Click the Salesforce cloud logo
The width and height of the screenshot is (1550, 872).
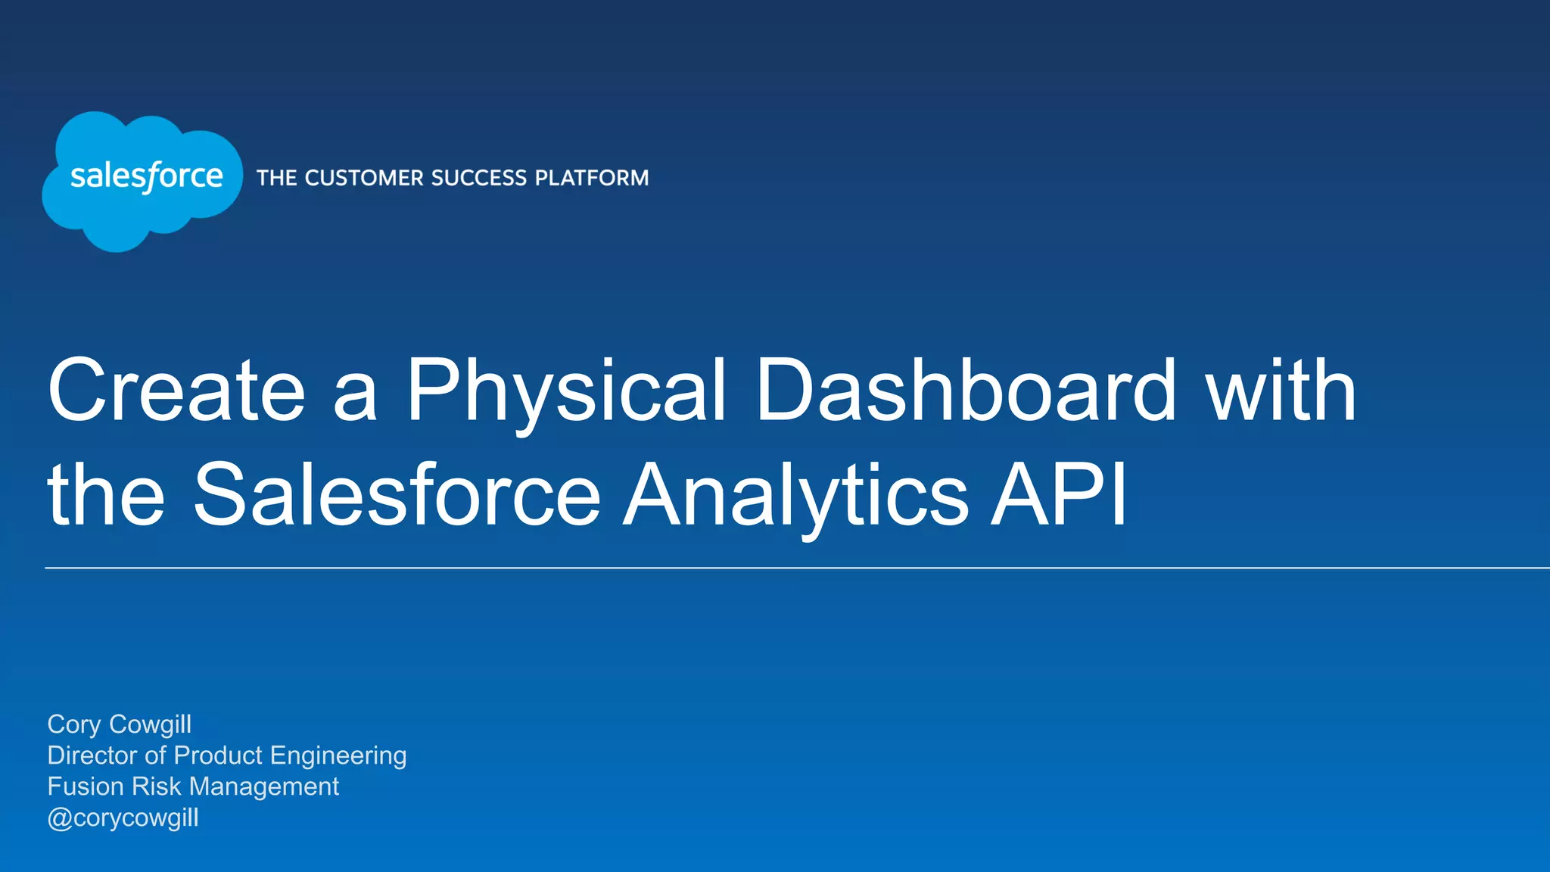(x=142, y=180)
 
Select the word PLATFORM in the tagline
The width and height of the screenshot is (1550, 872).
(x=592, y=178)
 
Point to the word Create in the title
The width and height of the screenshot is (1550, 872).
(x=176, y=391)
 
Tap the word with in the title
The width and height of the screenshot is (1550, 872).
(x=1281, y=391)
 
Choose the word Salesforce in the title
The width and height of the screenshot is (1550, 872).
(x=397, y=495)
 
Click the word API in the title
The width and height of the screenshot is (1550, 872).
(x=1060, y=495)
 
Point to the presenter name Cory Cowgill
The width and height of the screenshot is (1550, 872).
(x=120, y=724)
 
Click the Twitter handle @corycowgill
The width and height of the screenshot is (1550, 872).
(x=123, y=818)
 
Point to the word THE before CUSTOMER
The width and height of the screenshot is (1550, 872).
(x=276, y=178)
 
